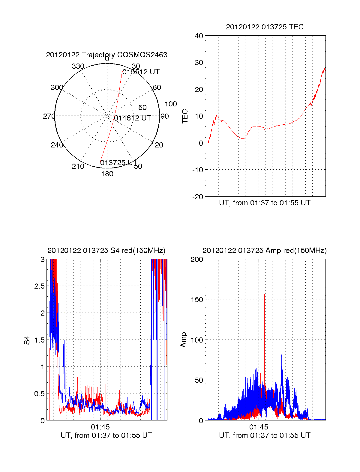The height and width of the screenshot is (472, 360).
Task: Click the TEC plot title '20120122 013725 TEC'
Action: point(265,27)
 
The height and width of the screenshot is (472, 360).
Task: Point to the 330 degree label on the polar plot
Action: point(78,66)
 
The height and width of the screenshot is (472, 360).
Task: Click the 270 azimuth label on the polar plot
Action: point(49,116)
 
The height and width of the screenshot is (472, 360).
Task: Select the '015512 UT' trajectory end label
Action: point(141,72)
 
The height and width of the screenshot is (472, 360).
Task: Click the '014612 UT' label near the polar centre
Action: point(132,118)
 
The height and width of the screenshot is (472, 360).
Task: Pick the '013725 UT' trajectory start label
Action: point(118,163)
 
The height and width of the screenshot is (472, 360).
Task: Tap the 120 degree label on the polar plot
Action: point(157,145)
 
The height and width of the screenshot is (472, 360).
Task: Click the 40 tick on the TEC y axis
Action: point(199,36)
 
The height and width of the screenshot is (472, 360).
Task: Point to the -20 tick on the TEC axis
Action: point(197,197)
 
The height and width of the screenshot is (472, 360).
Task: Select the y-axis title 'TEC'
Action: point(185,116)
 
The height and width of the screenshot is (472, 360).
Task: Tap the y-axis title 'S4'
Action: point(27,340)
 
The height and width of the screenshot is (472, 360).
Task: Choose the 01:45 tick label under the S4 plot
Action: point(100,427)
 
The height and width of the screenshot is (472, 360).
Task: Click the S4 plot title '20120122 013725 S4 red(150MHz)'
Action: point(106,251)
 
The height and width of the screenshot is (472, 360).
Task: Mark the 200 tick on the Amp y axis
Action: point(197,260)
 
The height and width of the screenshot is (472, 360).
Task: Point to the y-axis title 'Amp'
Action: point(183,340)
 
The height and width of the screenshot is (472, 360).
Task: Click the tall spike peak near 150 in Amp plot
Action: point(264,294)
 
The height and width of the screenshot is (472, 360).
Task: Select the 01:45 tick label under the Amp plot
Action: point(259,427)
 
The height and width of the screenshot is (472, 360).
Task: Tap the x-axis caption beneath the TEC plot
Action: point(265,203)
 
